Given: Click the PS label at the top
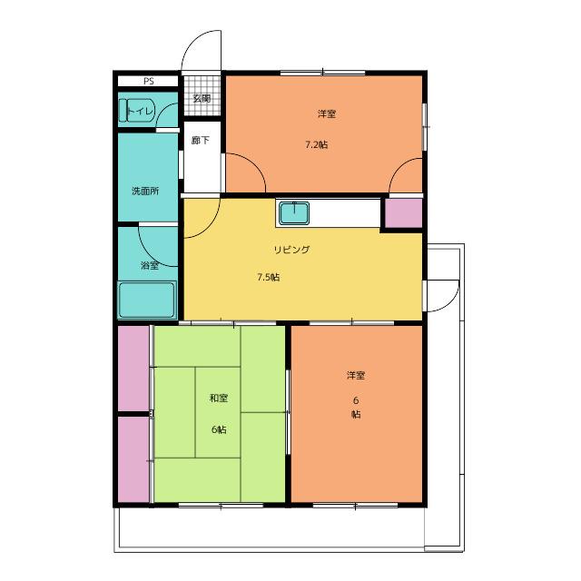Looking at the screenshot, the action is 149,81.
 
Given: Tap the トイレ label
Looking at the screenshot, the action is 140,111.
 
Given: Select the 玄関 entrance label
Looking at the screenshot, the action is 202,99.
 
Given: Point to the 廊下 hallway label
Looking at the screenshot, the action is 201,141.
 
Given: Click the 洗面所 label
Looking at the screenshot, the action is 145,192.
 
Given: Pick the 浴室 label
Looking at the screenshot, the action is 150,265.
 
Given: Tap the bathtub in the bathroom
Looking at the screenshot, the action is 147,300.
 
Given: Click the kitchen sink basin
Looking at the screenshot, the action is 294,213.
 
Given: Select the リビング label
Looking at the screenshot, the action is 291,250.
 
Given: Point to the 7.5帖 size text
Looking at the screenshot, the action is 269,277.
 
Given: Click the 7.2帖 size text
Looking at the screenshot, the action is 317,144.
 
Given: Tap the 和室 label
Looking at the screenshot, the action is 219,399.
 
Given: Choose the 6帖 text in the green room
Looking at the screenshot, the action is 219,429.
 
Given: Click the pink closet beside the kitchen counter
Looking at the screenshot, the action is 404,213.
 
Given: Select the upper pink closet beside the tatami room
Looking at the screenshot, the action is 133,368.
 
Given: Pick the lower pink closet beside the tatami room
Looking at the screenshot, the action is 133,459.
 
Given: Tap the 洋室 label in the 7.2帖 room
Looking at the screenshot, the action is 327,113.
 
